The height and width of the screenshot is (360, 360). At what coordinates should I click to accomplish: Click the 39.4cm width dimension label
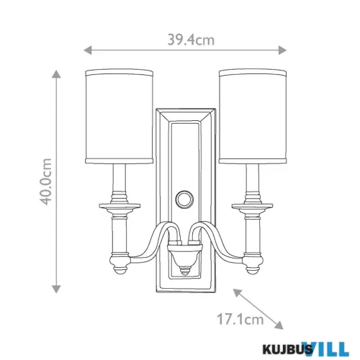(191, 40)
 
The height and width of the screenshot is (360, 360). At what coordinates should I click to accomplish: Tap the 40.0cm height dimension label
(46, 181)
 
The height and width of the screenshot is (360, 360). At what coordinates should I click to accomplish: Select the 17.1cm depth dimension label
(240, 319)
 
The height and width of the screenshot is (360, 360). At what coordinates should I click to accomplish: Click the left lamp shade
(120, 117)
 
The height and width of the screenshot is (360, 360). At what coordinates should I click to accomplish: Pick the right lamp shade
(253, 117)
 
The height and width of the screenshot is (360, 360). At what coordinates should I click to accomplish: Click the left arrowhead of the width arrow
(87, 50)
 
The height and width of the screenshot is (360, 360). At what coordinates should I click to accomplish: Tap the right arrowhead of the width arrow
(282, 50)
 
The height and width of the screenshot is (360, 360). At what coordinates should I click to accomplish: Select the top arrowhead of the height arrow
(56, 74)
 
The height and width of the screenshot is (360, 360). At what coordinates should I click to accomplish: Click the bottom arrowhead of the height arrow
(56, 289)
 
